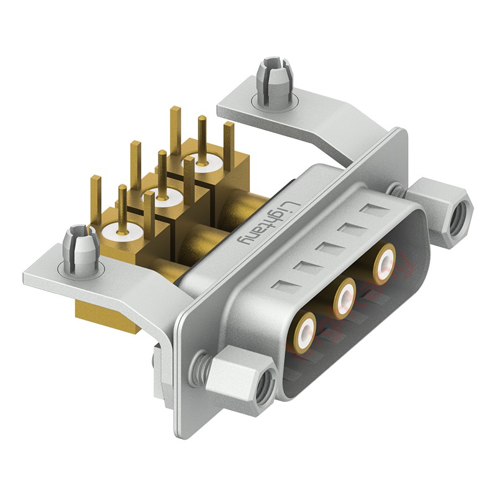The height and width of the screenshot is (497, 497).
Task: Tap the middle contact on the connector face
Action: (344, 297)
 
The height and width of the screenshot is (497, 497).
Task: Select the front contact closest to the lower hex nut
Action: (306, 331)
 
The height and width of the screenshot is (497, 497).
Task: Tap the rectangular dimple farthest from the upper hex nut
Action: (281, 288)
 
